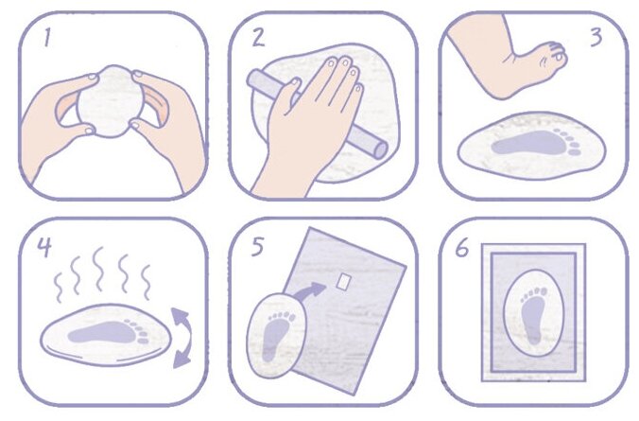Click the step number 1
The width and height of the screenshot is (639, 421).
tap(47, 38)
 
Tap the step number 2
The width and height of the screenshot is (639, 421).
tap(258, 37)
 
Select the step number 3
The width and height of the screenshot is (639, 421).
tap(596, 37)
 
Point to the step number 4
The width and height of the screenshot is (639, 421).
tap(44, 246)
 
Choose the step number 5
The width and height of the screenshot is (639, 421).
tap(257, 247)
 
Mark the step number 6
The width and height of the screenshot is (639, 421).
tap(462, 247)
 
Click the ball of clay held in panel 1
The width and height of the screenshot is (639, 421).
tap(111, 101)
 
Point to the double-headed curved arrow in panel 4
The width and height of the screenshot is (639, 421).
tap(181, 338)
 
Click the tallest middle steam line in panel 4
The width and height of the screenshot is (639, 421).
tap(97, 269)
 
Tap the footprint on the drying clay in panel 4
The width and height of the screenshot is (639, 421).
tap(109, 332)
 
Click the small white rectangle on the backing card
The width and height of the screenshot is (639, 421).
tap(344, 281)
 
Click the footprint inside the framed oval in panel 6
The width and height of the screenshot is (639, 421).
tap(533, 314)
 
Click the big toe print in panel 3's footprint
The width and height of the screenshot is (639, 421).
tap(575, 152)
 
